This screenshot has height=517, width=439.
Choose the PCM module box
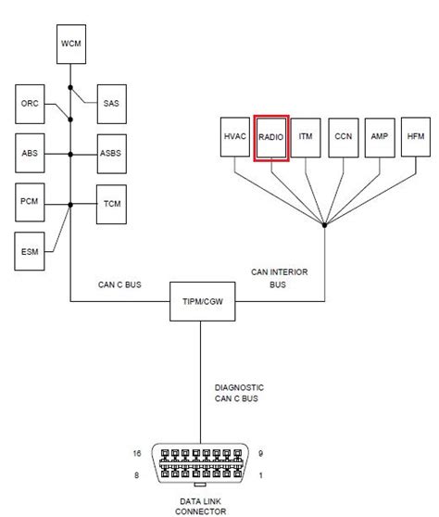point(30,199)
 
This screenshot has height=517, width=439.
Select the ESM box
point(30,249)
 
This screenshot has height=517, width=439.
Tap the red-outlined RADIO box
point(271,136)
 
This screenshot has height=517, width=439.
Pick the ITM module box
point(307,136)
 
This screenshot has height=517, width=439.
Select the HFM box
point(414,136)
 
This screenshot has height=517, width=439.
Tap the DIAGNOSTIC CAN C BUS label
point(240,393)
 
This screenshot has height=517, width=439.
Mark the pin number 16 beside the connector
point(136,453)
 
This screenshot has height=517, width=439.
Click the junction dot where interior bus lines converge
point(325,225)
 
